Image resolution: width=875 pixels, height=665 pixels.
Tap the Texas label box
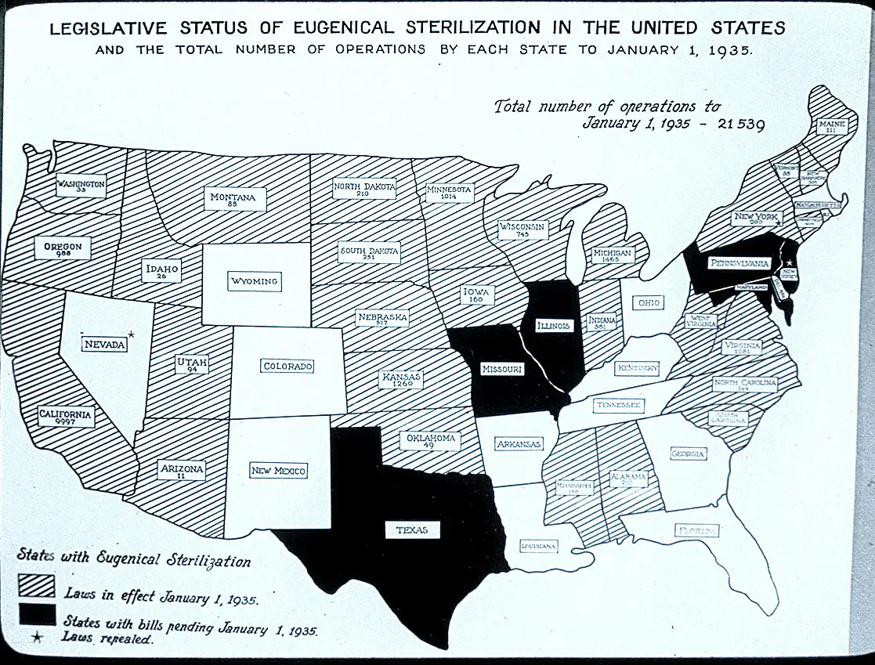pos(412,530)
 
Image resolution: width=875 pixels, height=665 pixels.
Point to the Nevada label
pos(105,344)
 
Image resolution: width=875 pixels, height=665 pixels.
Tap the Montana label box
pos(233,200)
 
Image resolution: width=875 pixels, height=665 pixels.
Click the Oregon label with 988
pos(63,249)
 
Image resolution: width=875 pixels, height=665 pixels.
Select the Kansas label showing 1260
pos(401,380)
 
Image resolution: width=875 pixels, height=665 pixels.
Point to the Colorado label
pos(287,366)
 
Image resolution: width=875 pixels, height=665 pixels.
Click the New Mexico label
pos(278,471)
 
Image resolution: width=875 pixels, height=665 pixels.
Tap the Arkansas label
pos(519,444)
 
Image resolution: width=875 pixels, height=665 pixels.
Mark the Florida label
pos(696,532)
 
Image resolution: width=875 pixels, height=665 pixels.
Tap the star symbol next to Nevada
pos(132,335)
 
